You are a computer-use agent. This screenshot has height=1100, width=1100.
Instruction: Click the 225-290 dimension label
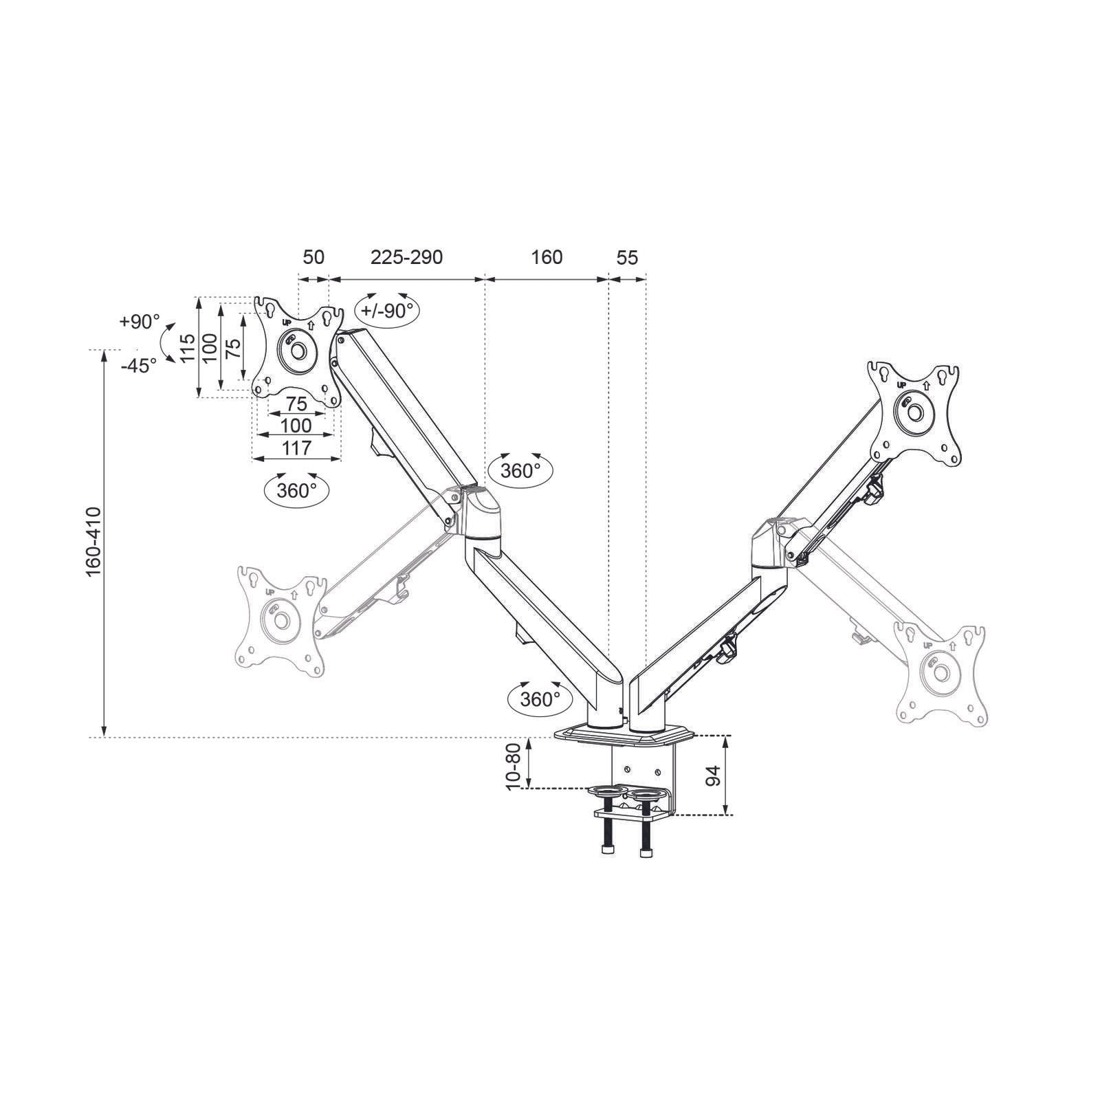coord(406,257)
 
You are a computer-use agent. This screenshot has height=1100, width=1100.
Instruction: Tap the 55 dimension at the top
coord(627,258)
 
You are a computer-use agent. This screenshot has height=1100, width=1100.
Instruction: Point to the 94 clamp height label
coord(714,775)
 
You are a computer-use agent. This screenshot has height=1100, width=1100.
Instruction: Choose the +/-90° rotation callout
coord(387,310)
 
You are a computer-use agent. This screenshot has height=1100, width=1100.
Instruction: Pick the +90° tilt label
coord(139,321)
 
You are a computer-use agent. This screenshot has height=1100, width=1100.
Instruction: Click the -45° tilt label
coord(139,366)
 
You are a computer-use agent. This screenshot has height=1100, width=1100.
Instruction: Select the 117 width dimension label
coord(296,448)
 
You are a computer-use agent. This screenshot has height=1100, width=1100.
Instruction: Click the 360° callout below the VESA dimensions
coord(296,490)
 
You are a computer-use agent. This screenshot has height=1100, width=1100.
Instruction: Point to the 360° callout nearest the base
coord(540,699)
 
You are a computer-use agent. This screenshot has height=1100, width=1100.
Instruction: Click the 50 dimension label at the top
coord(313,257)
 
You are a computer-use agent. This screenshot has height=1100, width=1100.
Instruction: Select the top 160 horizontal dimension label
coord(547,257)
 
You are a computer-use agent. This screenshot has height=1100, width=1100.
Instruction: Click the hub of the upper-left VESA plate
coord(297,349)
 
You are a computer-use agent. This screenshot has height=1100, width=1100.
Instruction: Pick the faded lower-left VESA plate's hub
coord(280,619)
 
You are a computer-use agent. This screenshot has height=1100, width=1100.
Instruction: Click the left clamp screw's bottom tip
coord(607,852)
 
